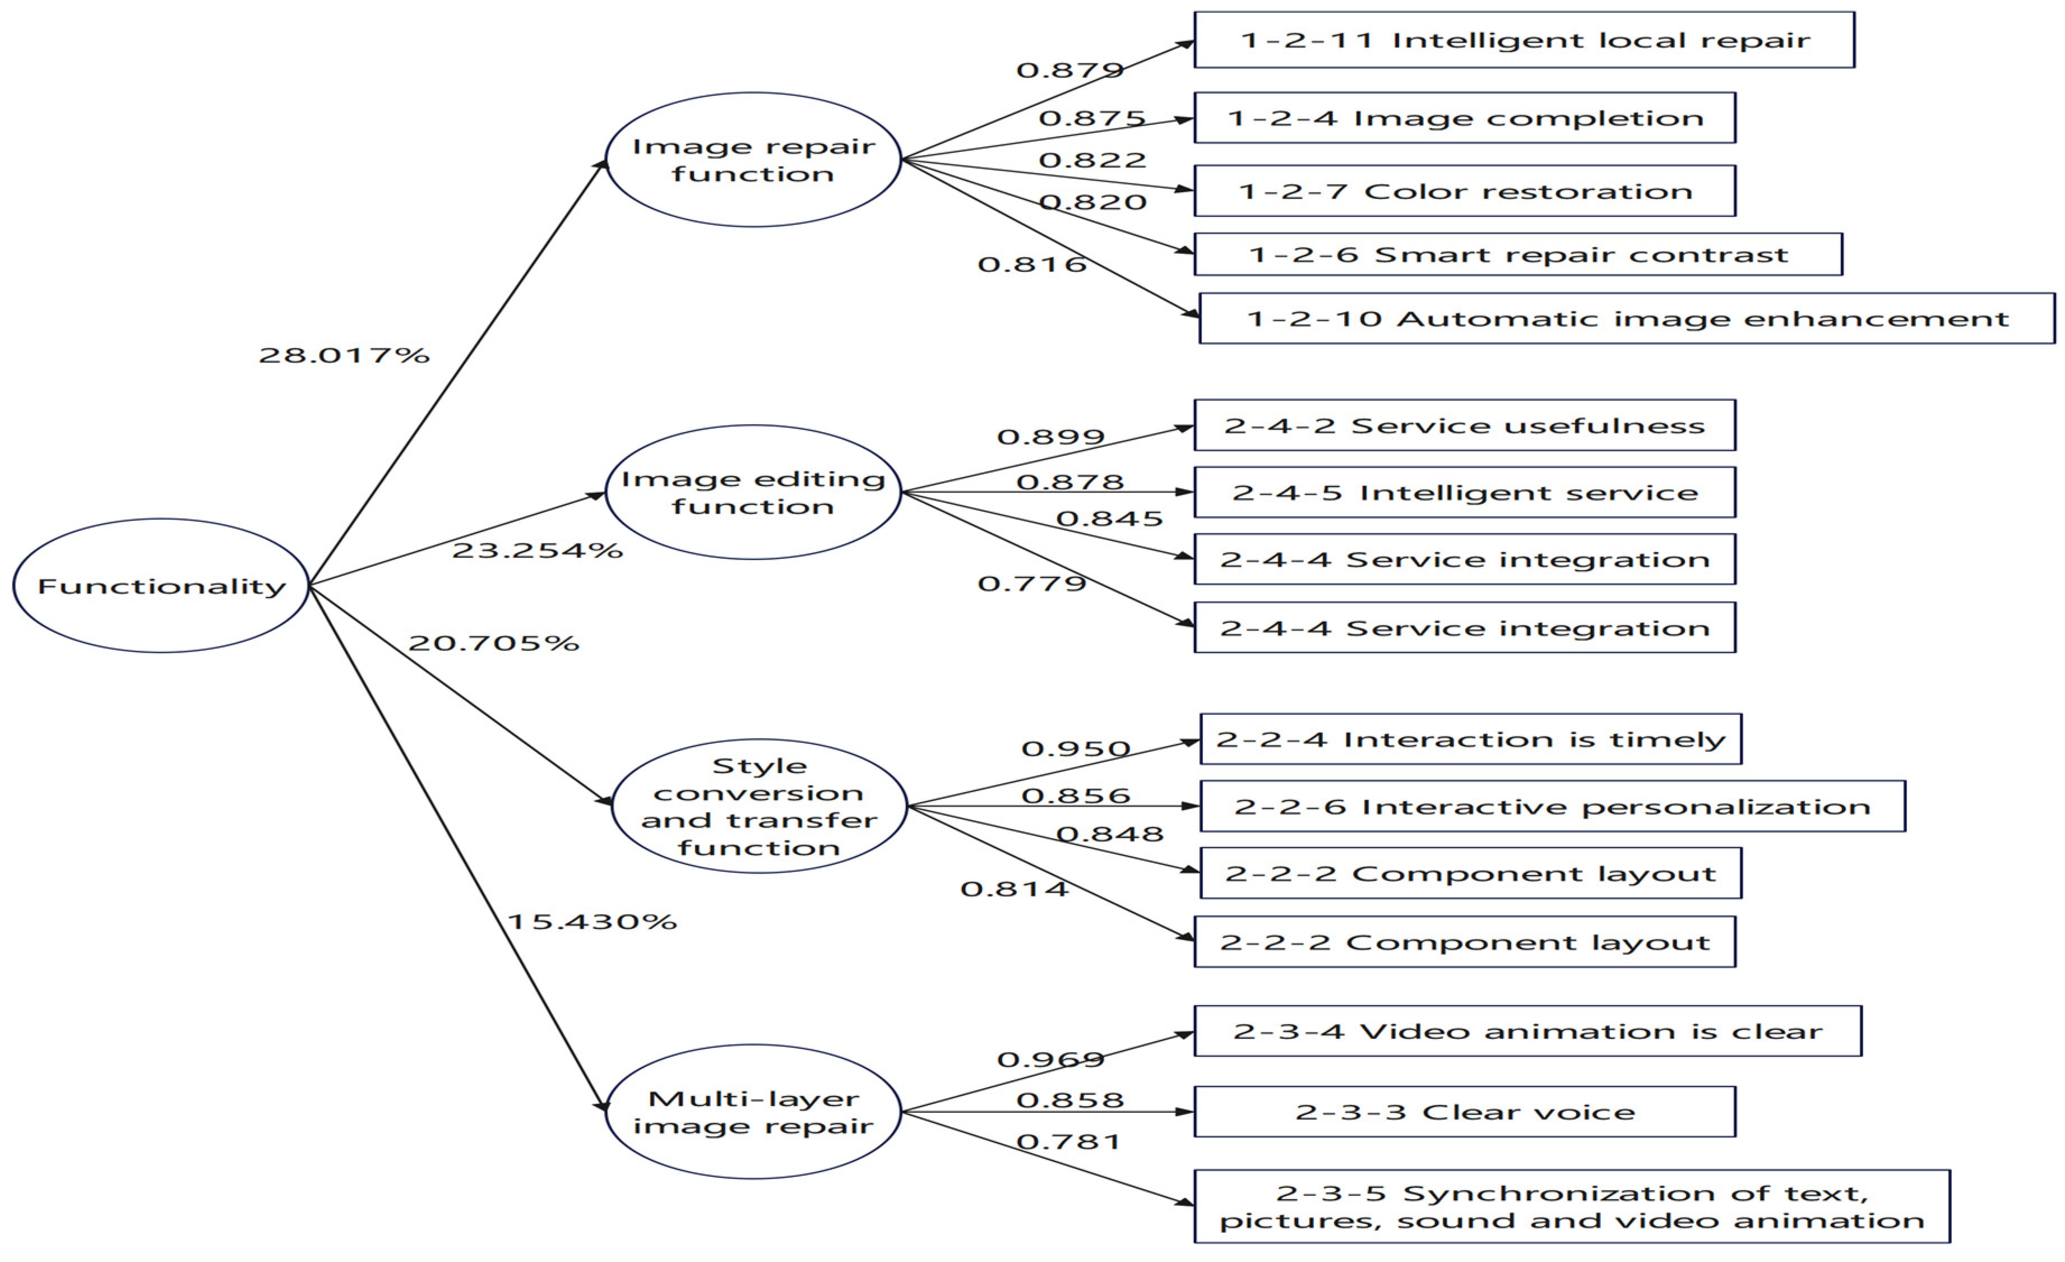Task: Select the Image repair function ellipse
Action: coord(753,159)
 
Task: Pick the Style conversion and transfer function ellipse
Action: coord(760,806)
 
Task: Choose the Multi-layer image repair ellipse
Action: coord(753,1112)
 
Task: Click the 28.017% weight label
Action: coord(344,355)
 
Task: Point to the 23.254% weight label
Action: coord(537,551)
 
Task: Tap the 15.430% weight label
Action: coord(592,922)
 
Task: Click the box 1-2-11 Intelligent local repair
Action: coord(1524,40)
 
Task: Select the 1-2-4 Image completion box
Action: coord(1464,118)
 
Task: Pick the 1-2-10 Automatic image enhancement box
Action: coord(1626,318)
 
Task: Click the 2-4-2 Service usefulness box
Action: coord(1464,426)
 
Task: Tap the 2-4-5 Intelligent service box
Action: coord(1464,493)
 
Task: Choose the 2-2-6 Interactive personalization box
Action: coord(1552,806)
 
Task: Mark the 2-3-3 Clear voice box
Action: coord(1464,1112)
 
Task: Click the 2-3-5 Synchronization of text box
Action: coord(1571,1206)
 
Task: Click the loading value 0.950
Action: coord(1075,748)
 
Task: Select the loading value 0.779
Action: coord(1032,583)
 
